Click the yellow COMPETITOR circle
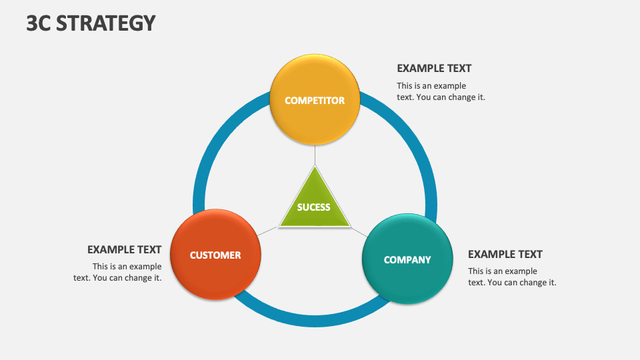coord(315,80)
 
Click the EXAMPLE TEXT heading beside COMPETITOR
coord(434,68)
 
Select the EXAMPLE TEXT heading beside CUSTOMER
coord(124,249)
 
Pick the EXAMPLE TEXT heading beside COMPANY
coord(505,254)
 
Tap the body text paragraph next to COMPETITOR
coord(441,91)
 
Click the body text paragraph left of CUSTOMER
coord(118,272)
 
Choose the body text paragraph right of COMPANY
coord(511,277)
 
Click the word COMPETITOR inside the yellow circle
coord(315,101)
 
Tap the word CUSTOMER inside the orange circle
coord(215,255)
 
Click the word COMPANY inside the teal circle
coord(407,260)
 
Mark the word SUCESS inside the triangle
coord(314,207)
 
